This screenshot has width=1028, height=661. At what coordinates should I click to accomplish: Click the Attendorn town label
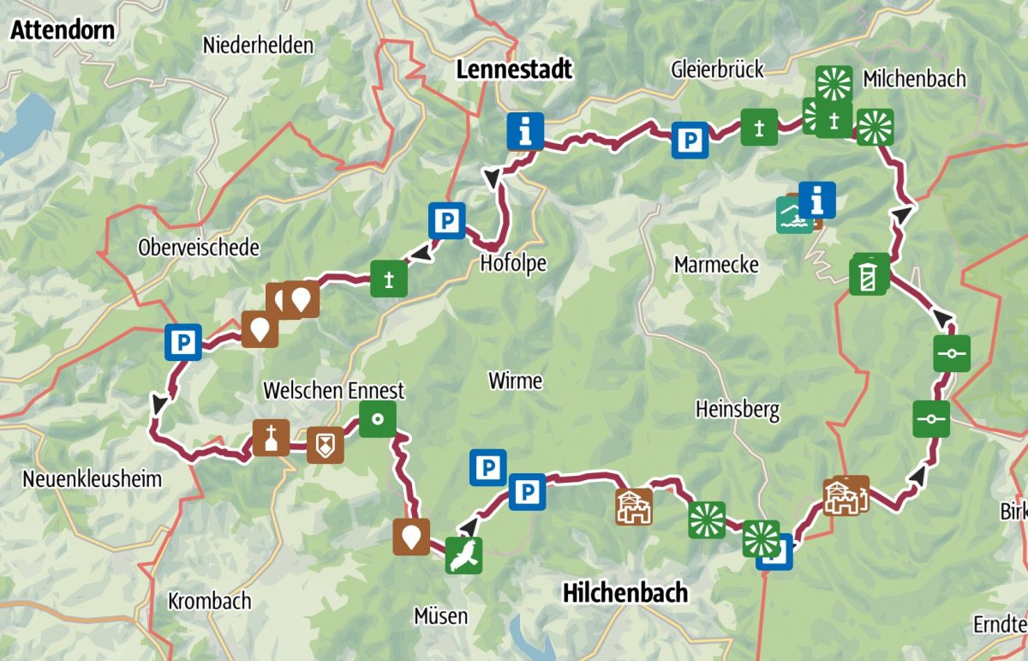point(63,30)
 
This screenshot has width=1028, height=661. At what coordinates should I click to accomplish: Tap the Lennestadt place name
point(513,69)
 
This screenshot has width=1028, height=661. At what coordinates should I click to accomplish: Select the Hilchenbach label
point(625,592)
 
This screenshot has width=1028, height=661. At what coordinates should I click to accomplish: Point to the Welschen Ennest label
point(333,391)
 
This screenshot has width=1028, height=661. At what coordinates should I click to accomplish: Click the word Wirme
point(515,380)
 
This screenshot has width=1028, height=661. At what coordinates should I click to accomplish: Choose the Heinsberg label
point(738,410)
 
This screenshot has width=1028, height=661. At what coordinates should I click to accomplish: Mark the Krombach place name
point(210,600)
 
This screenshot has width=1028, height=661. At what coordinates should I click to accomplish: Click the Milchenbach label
point(914,79)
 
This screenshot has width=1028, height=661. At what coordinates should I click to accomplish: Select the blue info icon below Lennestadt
point(524,131)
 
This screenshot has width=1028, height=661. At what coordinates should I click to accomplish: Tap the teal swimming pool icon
point(794,216)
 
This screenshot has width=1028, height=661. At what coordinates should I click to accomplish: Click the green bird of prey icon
point(463,555)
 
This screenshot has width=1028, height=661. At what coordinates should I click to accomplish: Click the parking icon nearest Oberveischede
point(183,342)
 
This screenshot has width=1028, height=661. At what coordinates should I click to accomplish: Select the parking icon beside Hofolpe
point(446,220)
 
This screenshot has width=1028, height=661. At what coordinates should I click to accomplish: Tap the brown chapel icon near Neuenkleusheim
point(271,438)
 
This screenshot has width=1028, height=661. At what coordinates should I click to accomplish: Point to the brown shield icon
point(325,445)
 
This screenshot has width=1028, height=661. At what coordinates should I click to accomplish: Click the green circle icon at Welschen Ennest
point(377,419)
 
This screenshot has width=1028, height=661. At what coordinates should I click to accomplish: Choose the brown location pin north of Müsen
point(411,537)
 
